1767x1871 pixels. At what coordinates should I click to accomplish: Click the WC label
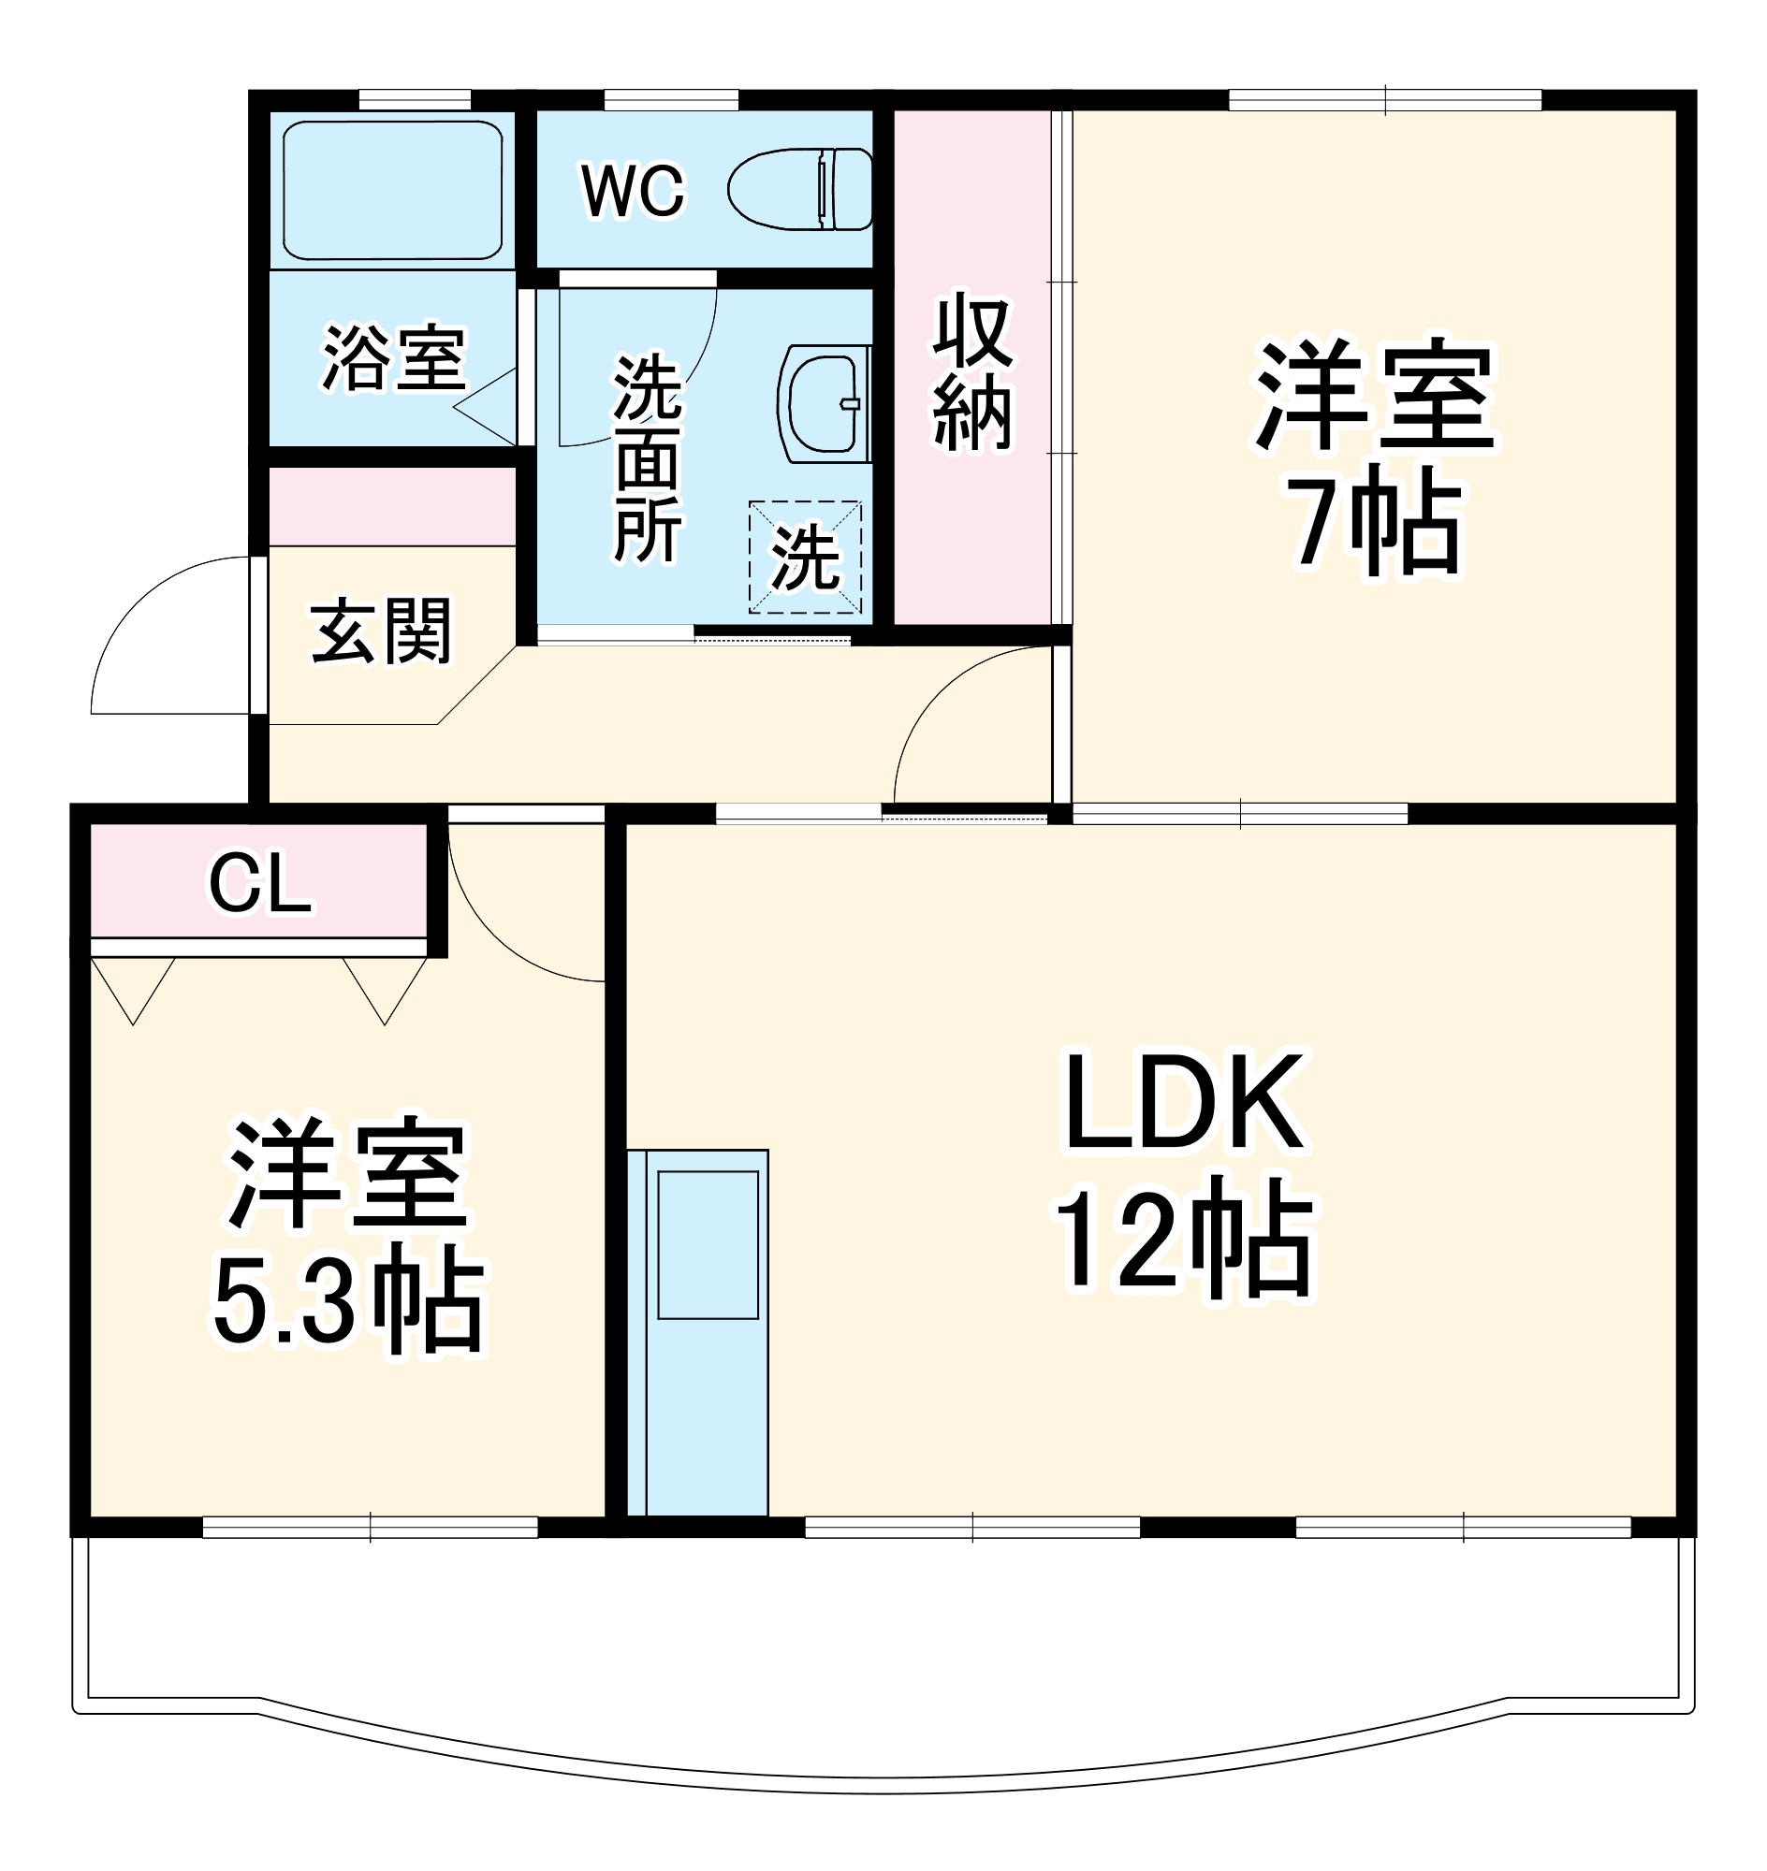(633, 191)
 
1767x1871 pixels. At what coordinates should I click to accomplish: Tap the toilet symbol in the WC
(799, 189)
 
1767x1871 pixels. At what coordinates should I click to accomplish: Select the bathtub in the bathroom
(393, 190)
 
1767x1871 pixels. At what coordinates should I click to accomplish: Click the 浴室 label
(394, 358)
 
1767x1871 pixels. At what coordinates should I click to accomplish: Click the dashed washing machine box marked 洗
(805, 558)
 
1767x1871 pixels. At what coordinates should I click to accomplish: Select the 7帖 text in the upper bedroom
(1376, 524)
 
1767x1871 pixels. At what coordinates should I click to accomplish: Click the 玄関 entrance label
(382, 630)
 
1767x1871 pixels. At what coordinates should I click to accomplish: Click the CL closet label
(260, 883)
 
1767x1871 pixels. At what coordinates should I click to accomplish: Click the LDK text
(1184, 1103)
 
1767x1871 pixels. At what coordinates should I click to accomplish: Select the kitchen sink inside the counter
(708, 1244)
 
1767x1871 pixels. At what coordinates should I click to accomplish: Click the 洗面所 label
(647, 458)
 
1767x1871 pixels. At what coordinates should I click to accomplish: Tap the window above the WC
(671, 100)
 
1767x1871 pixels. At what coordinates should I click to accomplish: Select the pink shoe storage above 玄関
(392, 507)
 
